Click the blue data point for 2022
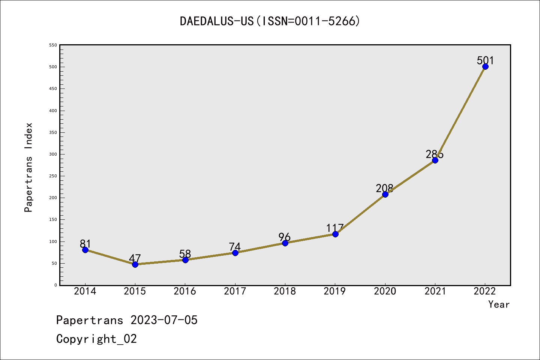pos(485,67)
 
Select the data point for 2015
pos(135,264)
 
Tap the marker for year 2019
pos(335,234)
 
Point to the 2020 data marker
pos(385,194)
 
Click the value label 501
pos(485,60)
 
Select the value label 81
pos(85,244)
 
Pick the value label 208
pos(385,188)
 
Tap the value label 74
pos(235,247)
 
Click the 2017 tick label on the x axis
pos(235,291)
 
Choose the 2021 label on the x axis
pos(435,291)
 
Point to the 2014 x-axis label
pos(85,291)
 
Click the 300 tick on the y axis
pos(53,154)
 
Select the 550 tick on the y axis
pos(53,45)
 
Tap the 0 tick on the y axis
pos(55,285)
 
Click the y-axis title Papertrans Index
pos(28,167)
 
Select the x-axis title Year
pos(499,304)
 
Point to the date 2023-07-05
pos(164,320)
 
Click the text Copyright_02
pos(96,339)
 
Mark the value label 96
pos(285,237)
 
